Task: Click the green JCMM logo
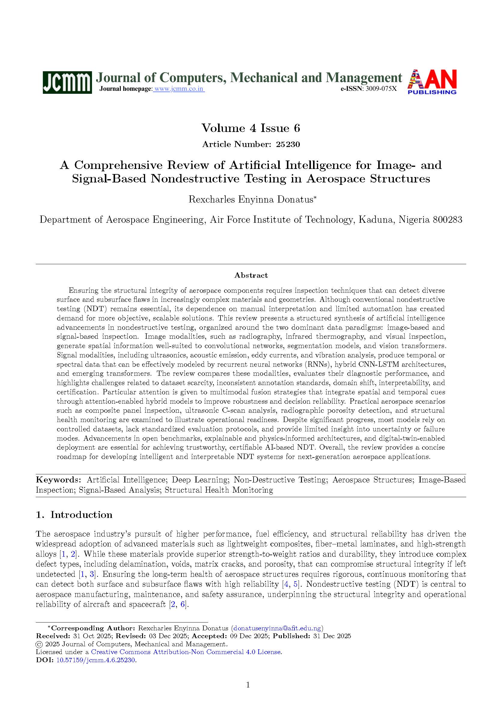(67, 82)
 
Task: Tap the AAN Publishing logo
(432, 81)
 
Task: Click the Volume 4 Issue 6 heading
(251, 128)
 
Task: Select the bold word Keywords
(58, 480)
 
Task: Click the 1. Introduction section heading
(74, 515)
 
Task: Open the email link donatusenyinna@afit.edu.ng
(277, 628)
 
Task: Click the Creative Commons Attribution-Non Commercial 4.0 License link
(186, 652)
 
